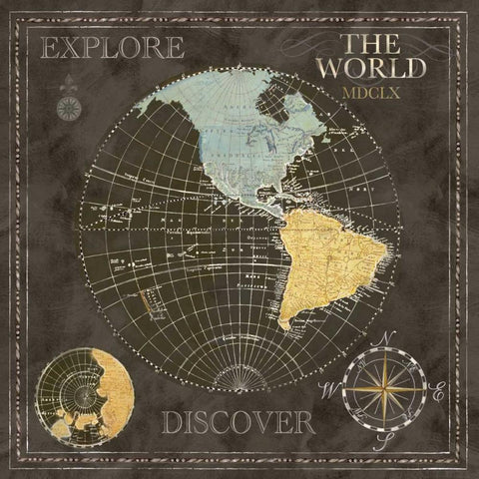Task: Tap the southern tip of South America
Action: pyautogui.click(x=290, y=325)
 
